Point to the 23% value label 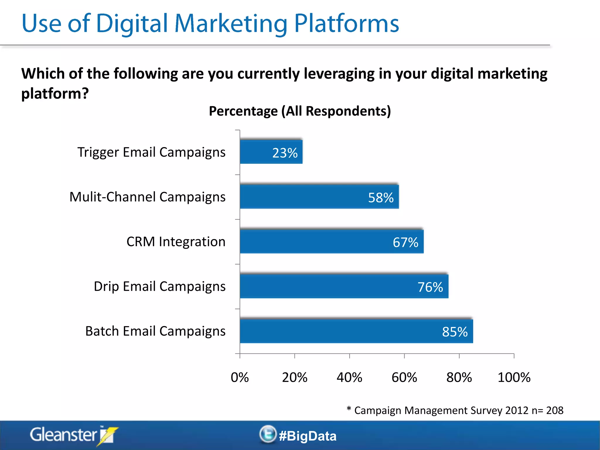pyautogui.click(x=285, y=153)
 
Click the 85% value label pyautogui.click(x=455, y=332)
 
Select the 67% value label pyautogui.click(x=405, y=242)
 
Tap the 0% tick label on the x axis pyautogui.click(x=240, y=377)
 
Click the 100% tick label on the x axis pyautogui.click(x=514, y=377)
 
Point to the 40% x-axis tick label pyautogui.click(x=349, y=377)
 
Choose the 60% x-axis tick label pyautogui.click(x=404, y=377)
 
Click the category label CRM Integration pyautogui.click(x=176, y=242)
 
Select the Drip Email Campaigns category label pyautogui.click(x=160, y=287)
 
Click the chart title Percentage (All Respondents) pyautogui.click(x=300, y=111)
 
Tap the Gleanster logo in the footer pyautogui.click(x=73, y=435)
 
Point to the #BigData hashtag pyautogui.click(x=308, y=436)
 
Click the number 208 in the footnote pyautogui.click(x=555, y=410)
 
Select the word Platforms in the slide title pyautogui.click(x=346, y=23)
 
